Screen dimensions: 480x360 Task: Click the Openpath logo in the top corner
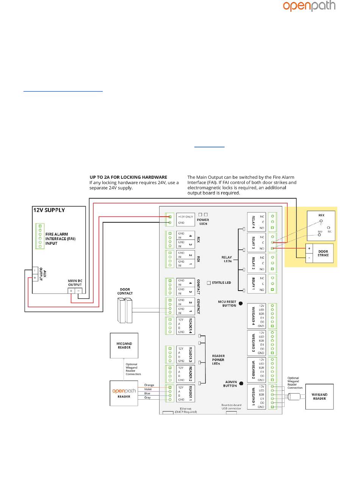309,6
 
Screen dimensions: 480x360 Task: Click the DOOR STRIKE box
322,253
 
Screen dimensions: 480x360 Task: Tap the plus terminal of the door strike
309,249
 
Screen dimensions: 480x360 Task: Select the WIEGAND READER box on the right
319,396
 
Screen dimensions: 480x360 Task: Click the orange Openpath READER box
124,393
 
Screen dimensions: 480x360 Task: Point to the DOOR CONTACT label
125,291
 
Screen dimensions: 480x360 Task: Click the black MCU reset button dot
241,303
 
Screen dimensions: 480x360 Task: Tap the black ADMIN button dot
241,383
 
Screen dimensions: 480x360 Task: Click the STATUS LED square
209,283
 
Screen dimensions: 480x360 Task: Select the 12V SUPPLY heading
49,210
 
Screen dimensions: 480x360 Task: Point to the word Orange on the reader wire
149,385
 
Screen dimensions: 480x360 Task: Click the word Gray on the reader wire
147,398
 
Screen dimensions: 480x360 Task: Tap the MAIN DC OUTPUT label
75,283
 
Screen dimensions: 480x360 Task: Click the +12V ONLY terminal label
186,217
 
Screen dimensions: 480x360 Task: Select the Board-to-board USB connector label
231,407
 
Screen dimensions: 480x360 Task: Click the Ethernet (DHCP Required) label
186,410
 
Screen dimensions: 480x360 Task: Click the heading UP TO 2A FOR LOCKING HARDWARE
128,177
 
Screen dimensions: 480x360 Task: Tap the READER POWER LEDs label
218,360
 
